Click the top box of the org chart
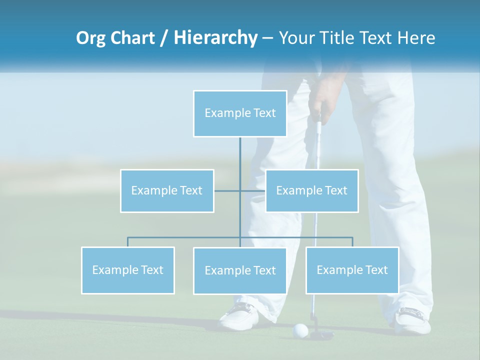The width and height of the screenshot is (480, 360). click(240, 113)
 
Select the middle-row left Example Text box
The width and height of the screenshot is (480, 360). click(167, 190)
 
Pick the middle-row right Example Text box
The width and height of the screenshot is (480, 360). click(311, 190)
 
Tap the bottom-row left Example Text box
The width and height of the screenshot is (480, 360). click(127, 270)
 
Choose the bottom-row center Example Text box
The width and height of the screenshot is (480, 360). click(240, 270)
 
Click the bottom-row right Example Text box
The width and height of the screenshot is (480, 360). click(352, 270)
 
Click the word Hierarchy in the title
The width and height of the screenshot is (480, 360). click(215, 38)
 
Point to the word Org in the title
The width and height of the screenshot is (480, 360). click(91, 38)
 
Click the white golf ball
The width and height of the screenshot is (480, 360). click(300, 330)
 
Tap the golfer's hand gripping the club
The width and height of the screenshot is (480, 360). click(320, 105)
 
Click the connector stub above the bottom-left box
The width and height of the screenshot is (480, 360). click(127, 242)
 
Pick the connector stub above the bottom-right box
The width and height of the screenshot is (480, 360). click(352, 242)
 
